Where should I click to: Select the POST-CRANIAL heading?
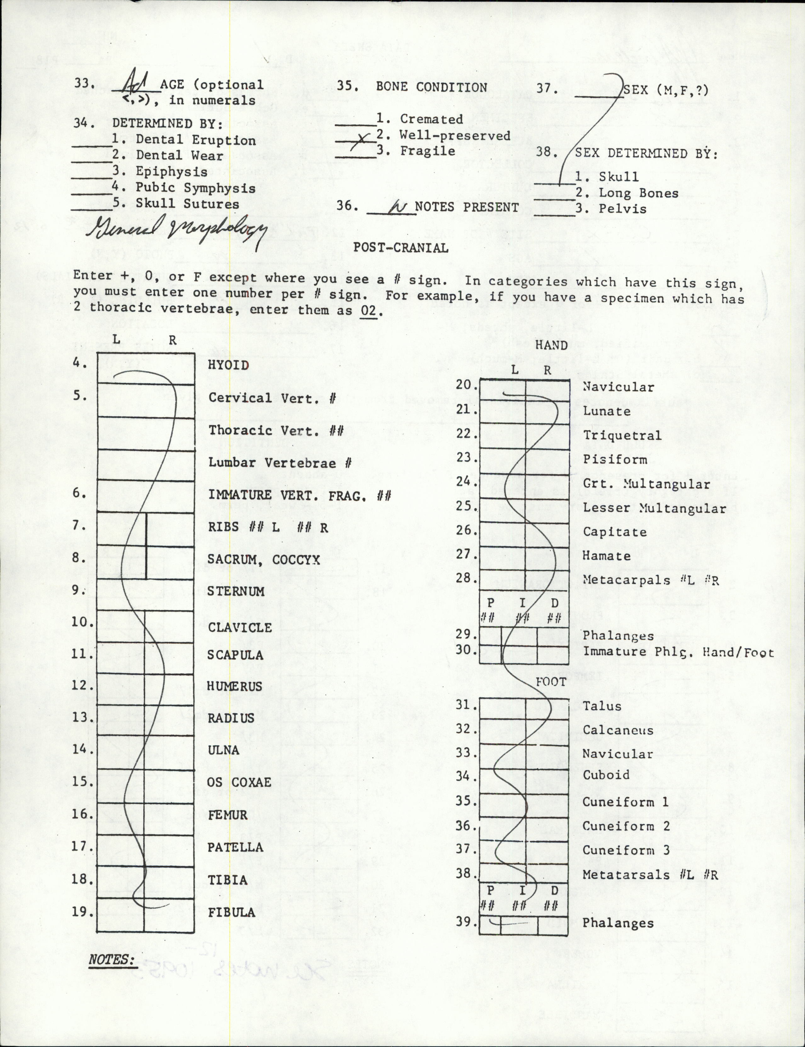point(401,248)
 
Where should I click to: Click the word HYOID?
point(229,365)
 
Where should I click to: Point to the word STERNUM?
point(236,591)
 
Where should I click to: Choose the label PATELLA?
point(235,847)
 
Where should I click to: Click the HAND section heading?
point(551,345)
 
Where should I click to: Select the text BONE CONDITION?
point(431,87)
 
